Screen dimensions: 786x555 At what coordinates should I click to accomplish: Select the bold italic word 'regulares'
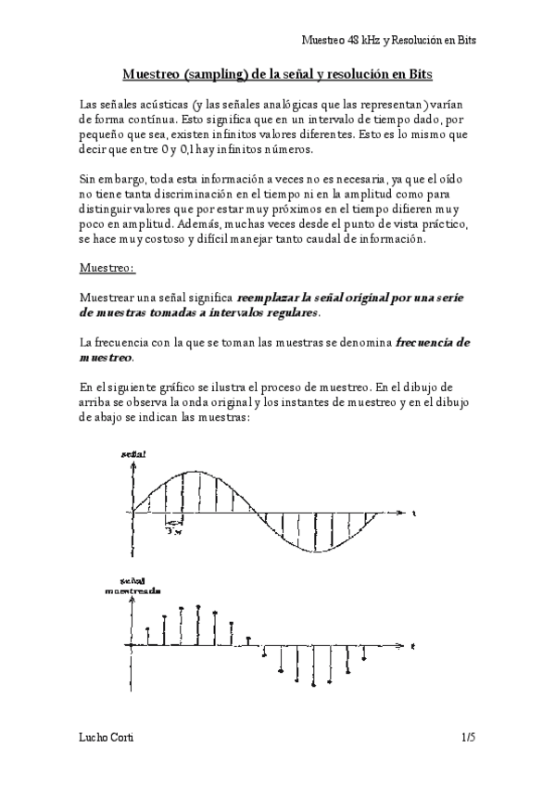pyautogui.click(x=291, y=313)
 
